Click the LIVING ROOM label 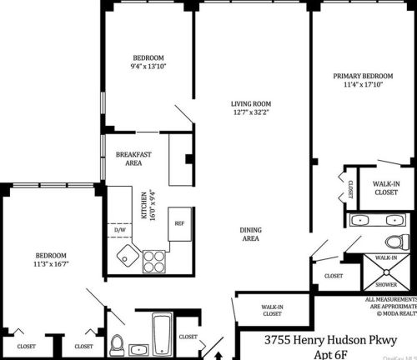pyautogui.click(x=251, y=103)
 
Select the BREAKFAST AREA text pyautogui.click(x=133, y=159)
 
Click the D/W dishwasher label pyautogui.click(x=120, y=224)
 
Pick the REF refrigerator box pyautogui.click(x=178, y=223)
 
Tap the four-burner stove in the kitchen pyautogui.click(x=154, y=262)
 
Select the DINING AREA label pyautogui.click(x=250, y=233)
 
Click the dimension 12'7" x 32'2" pyautogui.click(x=251, y=112)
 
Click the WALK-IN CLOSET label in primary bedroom pyautogui.click(x=385, y=187)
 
